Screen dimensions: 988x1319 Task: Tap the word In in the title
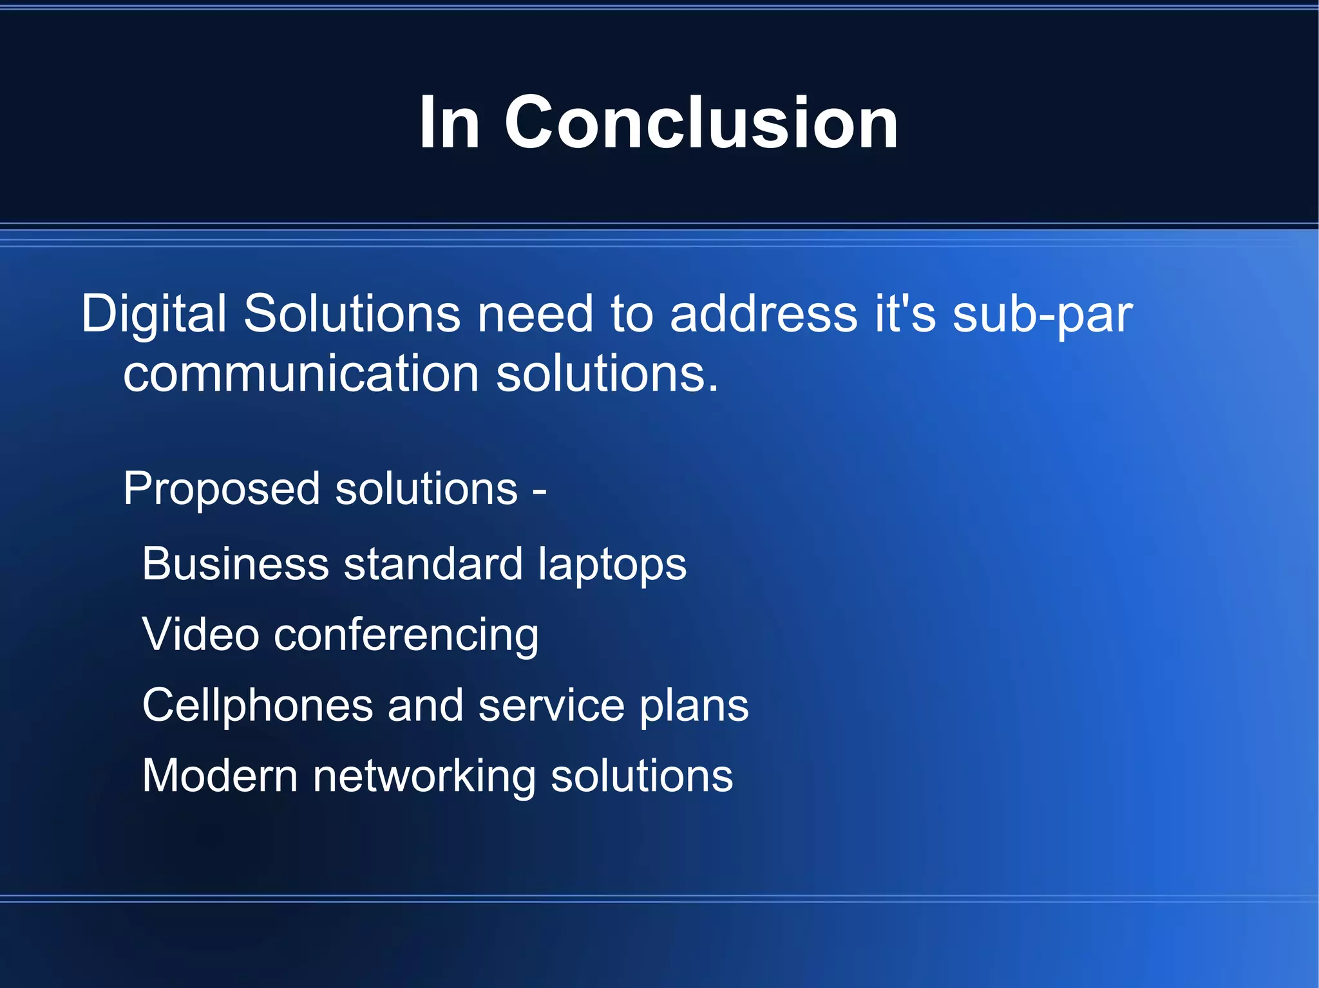coord(449,122)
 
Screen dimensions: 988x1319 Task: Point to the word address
coord(763,314)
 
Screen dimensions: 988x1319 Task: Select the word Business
coord(235,564)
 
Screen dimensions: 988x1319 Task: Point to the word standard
coord(433,564)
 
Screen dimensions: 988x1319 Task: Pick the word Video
coord(200,635)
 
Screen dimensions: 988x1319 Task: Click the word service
coord(551,705)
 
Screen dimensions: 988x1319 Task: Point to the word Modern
coord(220,776)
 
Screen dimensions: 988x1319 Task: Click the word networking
coord(424,777)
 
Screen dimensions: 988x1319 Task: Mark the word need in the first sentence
coord(535,314)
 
